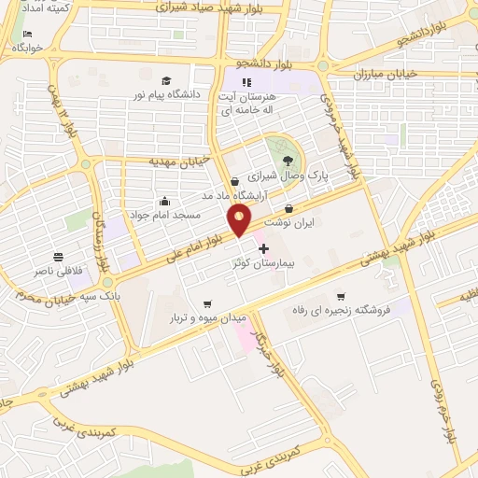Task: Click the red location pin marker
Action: click(x=239, y=219)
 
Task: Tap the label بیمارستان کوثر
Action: click(x=262, y=264)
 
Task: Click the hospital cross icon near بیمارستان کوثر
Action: click(x=263, y=249)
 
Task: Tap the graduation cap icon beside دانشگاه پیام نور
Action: click(x=165, y=81)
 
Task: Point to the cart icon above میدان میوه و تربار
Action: click(x=206, y=302)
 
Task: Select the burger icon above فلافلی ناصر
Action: click(x=59, y=256)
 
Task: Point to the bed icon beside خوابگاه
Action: click(x=27, y=35)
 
